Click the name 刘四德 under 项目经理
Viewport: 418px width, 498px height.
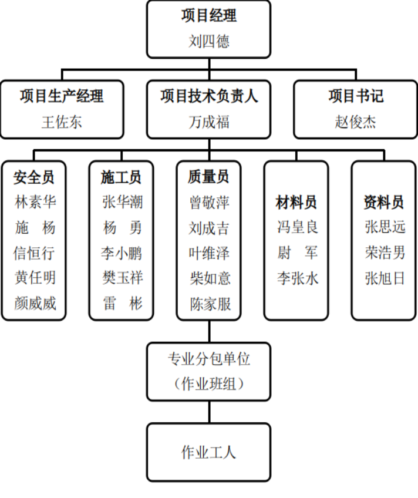[x=209, y=41]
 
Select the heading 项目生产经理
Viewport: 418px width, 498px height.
[x=62, y=96]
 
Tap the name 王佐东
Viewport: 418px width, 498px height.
[x=62, y=122]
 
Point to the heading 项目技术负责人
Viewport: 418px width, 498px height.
[x=209, y=96]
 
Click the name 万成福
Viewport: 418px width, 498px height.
[x=209, y=122]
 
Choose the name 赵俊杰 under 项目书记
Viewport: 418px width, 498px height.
[x=355, y=122]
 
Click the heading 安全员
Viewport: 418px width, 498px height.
[x=33, y=177]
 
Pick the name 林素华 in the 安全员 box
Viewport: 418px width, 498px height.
[x=35, y=202]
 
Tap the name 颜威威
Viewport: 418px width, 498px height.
[x=35, y=303]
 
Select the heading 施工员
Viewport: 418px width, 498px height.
[x=122, y=177]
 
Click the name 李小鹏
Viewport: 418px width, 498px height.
[x=122, y=253]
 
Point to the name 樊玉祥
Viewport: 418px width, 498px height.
[x=123, y=278]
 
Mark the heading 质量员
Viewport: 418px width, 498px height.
[x=208, y=177]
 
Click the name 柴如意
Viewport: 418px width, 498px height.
[x=210, y=278]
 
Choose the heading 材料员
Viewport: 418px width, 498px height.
[x=296, y=202]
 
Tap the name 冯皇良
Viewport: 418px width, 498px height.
[x=298, y=227]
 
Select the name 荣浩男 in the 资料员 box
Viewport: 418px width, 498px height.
[x=385, y=253]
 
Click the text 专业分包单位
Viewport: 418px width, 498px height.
[x=209, y=359]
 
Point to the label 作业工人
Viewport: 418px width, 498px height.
[x=209, y=452]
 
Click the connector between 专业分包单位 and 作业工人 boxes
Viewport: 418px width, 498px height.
[x=209, y=412]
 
